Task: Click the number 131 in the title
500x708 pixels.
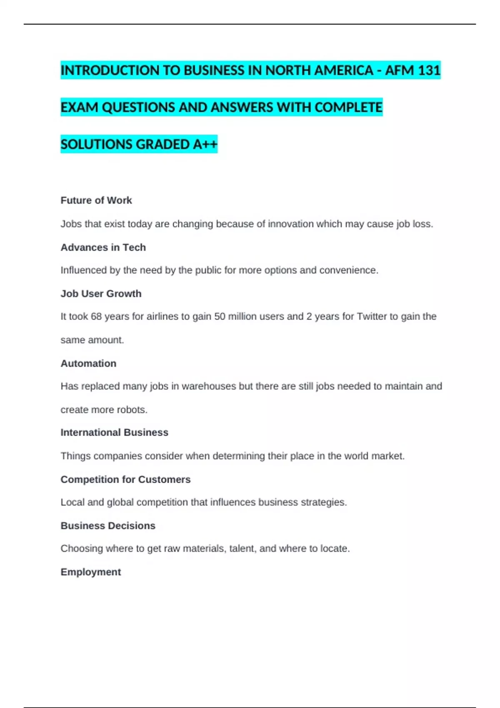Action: tap(429, 70)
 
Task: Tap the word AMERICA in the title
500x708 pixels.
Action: tap(344, 70)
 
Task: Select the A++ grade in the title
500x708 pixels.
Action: tap(205, 145)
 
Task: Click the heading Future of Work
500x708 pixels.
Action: tap(96, 200)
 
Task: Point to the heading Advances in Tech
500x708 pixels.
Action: tap(103, 247)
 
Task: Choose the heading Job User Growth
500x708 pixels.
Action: tap(101, 294)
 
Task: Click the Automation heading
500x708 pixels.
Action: tap(88, 364)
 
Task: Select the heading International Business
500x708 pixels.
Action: tap(114, 433)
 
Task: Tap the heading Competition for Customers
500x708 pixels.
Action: tap(125, 479)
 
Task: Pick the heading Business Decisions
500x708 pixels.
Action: tap(108, 526)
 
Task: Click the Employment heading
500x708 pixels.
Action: tap(91, 572)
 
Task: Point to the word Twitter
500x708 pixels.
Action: tap(372, 317)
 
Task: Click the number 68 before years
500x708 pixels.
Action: tap(96, 317)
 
